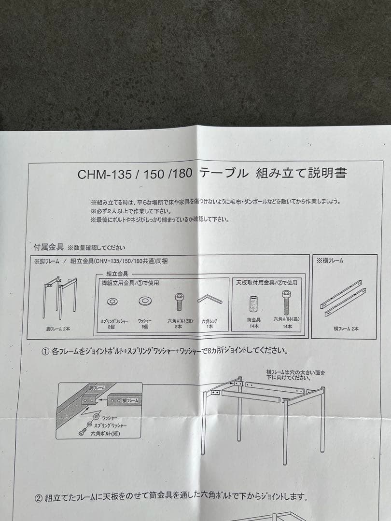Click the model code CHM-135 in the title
point(104,174)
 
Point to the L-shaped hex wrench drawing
point(210,300)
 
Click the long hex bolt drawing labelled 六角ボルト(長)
point(285,302)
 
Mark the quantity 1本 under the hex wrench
point(209,327)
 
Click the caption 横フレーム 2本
point(346,329)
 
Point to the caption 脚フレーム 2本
point(58,329)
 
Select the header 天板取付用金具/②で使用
point(266,283)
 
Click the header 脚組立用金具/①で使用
point(130,283)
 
